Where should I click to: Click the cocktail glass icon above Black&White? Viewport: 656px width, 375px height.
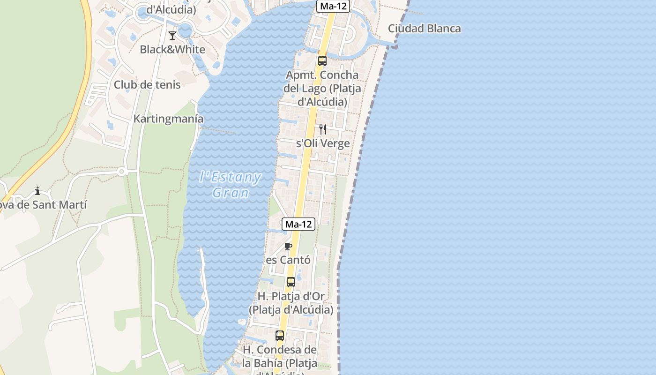172,35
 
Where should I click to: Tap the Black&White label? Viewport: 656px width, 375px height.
172,49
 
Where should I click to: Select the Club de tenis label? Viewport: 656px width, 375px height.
147,85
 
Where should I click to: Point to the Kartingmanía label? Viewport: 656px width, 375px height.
169,119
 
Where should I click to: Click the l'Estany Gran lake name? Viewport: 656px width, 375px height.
230,184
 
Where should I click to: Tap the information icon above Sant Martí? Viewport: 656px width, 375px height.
37,191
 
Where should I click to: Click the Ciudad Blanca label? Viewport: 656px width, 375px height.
424,29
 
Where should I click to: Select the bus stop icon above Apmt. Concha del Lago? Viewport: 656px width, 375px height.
322,60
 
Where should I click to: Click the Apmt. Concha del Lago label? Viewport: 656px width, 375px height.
322,88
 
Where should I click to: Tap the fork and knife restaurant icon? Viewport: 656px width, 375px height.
323,129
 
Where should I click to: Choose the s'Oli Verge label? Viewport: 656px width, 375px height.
323,143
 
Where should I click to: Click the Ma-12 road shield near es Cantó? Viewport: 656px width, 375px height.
298,224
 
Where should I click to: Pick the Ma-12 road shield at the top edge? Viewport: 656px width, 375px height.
333,6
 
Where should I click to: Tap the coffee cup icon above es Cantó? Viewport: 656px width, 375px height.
288,246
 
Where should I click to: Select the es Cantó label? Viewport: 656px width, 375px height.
288,260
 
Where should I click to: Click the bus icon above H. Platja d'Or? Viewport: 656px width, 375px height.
291,282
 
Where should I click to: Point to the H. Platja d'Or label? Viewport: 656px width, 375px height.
291,303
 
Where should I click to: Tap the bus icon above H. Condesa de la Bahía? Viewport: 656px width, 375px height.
280,336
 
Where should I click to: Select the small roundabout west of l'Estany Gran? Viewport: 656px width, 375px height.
121,172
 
